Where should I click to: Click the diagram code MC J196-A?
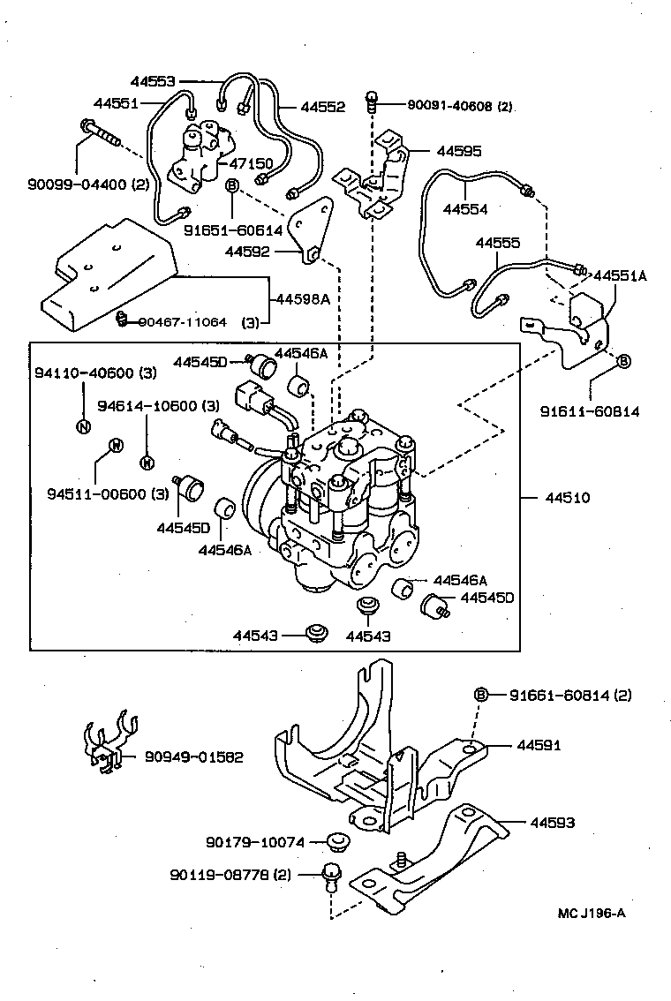click(592, 913)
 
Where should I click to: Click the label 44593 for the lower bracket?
click(553, 823)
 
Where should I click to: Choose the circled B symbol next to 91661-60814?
click(481, 695)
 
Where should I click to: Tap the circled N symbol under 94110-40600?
click(83, 426)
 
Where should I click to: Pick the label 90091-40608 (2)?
click(459, 106)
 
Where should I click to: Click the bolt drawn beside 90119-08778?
click(333, 874)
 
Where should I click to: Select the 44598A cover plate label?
click(303, 299)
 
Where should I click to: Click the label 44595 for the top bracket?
click(457, 151)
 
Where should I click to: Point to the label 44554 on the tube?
click(465, 210)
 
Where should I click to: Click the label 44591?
click(540, 746)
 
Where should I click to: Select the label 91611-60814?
click(590, 410)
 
